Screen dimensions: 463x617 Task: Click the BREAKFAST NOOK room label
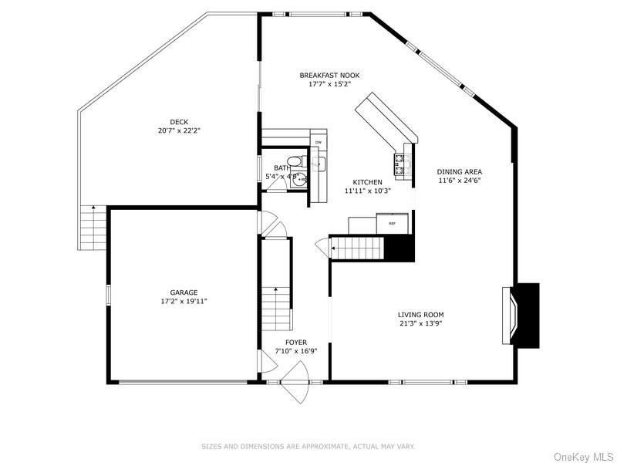click(329, 75)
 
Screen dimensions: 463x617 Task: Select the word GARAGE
click(184, 292)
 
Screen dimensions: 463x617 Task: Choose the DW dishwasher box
click(319, 143)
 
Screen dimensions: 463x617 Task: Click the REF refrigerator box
click(392, 224)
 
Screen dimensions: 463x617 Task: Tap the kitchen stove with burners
click(401, 163)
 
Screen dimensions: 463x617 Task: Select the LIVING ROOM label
click(420, 314)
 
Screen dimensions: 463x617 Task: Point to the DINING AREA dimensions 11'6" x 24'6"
click(459, 181)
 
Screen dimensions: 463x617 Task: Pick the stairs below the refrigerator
click(357, 248)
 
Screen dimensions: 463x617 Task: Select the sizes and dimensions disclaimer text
click(308, 446)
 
